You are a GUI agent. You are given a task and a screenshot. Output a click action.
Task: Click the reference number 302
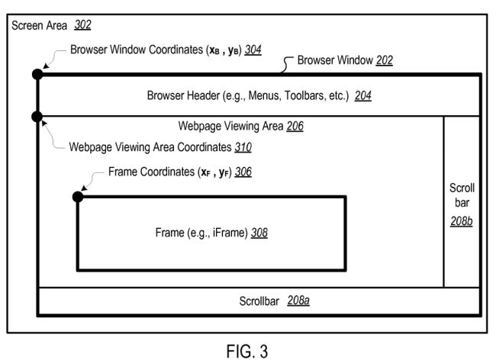pos(83,25)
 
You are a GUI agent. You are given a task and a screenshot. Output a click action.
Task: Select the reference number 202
pos(385,59)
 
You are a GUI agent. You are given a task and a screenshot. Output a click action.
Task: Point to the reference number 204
pos(362,97)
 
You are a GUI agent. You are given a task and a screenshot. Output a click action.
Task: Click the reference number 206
pos(295,127)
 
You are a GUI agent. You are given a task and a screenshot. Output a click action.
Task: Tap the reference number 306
pos(243,172)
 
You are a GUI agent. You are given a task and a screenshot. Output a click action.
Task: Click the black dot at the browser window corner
pos(36,74)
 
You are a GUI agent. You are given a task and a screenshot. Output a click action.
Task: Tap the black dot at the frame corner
pos(77,197)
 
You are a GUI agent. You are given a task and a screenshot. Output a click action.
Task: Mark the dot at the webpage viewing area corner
pos(36,117)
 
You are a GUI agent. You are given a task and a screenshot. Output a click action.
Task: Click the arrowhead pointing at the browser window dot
pos(45,67)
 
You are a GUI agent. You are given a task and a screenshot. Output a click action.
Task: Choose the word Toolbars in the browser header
pos(304,97)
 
